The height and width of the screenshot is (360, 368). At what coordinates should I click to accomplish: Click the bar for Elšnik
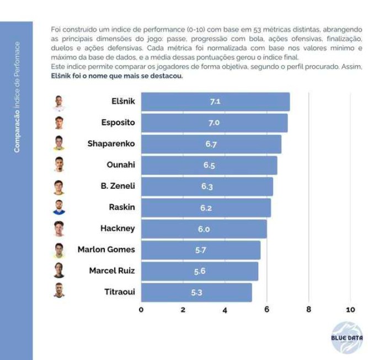[x=215, y=102]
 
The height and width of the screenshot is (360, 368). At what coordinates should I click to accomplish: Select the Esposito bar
[x=214, y=123]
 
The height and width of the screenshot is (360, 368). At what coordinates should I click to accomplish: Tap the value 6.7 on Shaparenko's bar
[x=211, y=144]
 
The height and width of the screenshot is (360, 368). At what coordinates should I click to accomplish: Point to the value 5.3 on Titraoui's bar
[x=196, y=292]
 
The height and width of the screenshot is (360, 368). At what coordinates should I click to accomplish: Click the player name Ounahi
[x=121, y=165]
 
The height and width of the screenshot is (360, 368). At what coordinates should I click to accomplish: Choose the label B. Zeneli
[x=114, y=186]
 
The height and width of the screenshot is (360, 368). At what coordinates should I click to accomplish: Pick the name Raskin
[x=122, y=207]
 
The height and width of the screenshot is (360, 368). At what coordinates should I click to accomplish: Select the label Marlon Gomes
[x=106, y=250]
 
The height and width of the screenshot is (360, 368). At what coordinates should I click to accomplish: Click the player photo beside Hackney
[x=59, y=229]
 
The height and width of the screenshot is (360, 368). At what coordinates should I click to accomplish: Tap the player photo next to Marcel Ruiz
[x=59, y=271]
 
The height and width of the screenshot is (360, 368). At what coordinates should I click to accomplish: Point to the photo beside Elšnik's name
[x=59, y=102]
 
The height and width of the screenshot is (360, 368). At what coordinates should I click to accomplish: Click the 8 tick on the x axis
[x=308, y=310]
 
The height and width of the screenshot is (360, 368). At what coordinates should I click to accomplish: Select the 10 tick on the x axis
[x=350, y=310]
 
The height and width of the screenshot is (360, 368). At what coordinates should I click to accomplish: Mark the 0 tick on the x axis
[x=141, y=310]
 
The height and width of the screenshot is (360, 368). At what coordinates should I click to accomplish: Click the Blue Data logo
[x=347, y=337]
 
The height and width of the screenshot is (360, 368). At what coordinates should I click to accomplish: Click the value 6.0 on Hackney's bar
[x=204, y=229]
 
